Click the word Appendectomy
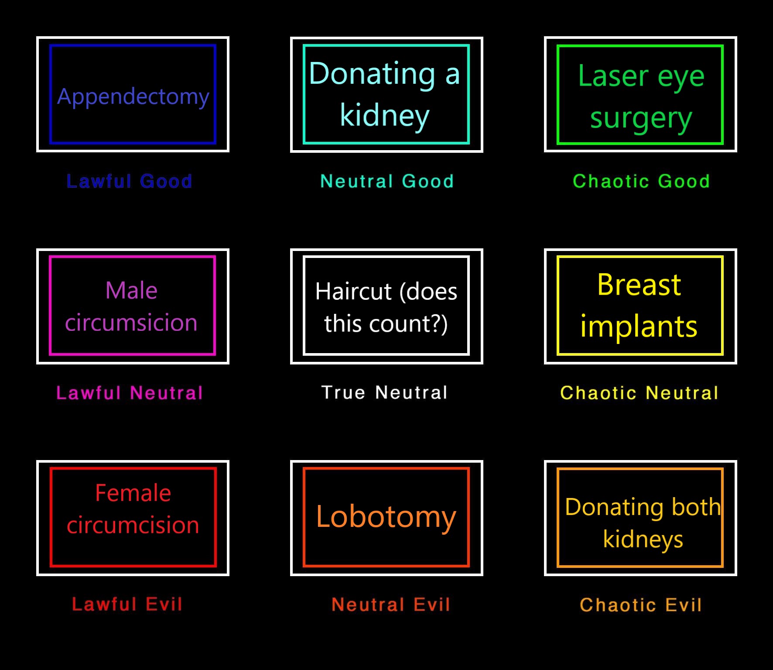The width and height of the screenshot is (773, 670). [133, 96]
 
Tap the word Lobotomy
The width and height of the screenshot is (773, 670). [386, 517]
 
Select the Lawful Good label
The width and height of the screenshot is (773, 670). [130, 181]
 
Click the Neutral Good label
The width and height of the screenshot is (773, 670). [387, 181]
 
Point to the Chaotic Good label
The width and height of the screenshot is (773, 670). [641, 181]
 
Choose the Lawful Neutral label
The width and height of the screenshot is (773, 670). [130, 393]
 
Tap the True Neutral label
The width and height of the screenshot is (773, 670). [384, 392]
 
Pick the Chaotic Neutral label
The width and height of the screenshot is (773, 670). [639, 393]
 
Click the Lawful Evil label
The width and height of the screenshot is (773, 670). [127, 604]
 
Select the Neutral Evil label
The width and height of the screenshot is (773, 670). [391, 605]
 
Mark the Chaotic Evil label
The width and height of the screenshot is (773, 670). [641, 605]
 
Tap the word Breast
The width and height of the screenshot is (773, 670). [639, 285]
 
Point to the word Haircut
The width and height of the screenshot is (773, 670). [354, 291]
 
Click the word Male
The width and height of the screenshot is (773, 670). [131, 290]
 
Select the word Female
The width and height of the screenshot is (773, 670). [133, 493]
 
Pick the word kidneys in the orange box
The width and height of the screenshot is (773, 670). [643, 539]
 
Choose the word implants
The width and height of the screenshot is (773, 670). [639, 326]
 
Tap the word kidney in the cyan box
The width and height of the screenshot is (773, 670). [385, 116]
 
